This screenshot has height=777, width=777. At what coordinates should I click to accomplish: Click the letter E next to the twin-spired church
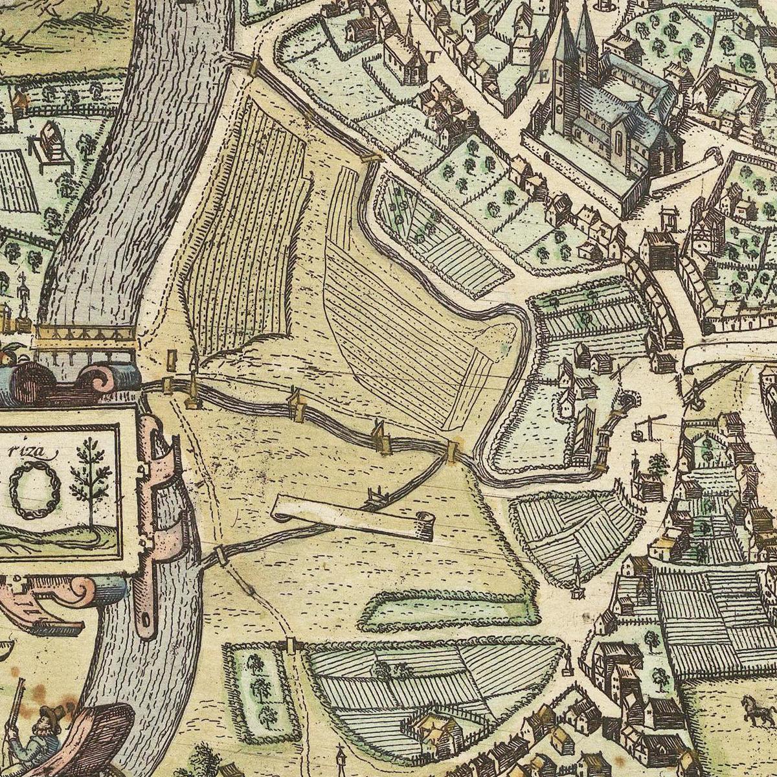544,77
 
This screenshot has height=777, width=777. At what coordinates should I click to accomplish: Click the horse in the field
755,709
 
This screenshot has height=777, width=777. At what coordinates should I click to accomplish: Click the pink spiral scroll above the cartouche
97,379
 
